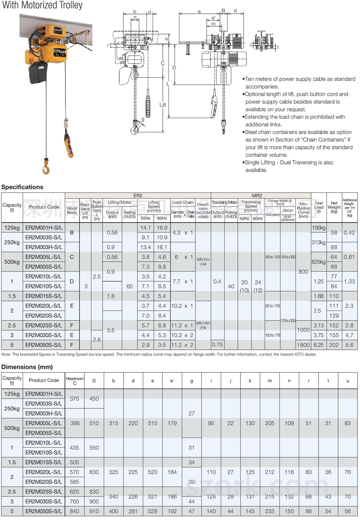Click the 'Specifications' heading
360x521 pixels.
click(22, 187)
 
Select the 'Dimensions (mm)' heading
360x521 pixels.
click(27, 367)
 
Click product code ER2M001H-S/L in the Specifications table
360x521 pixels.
click(44, 228)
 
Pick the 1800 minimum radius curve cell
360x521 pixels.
click(303, 345)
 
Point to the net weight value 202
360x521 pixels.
click(334, 345)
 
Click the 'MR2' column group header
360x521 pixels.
click(257, 196)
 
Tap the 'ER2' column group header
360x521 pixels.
click(138, 196)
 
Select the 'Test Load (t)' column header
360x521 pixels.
click(319, 207)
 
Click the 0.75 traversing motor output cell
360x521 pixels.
click(217, 345)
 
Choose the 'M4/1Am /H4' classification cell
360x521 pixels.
click(203, 325)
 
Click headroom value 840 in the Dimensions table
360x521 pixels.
click(75, 511)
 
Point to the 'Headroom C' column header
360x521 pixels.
click(75, 381)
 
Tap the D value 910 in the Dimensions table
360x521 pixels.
click(94, 511)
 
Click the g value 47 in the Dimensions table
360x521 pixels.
click(192, 511)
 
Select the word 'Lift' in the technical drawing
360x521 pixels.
click(163, 105)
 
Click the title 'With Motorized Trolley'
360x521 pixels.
click(42, 5)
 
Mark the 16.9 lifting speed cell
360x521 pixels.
click(162, 228)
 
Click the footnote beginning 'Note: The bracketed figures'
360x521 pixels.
click(159, 354)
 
